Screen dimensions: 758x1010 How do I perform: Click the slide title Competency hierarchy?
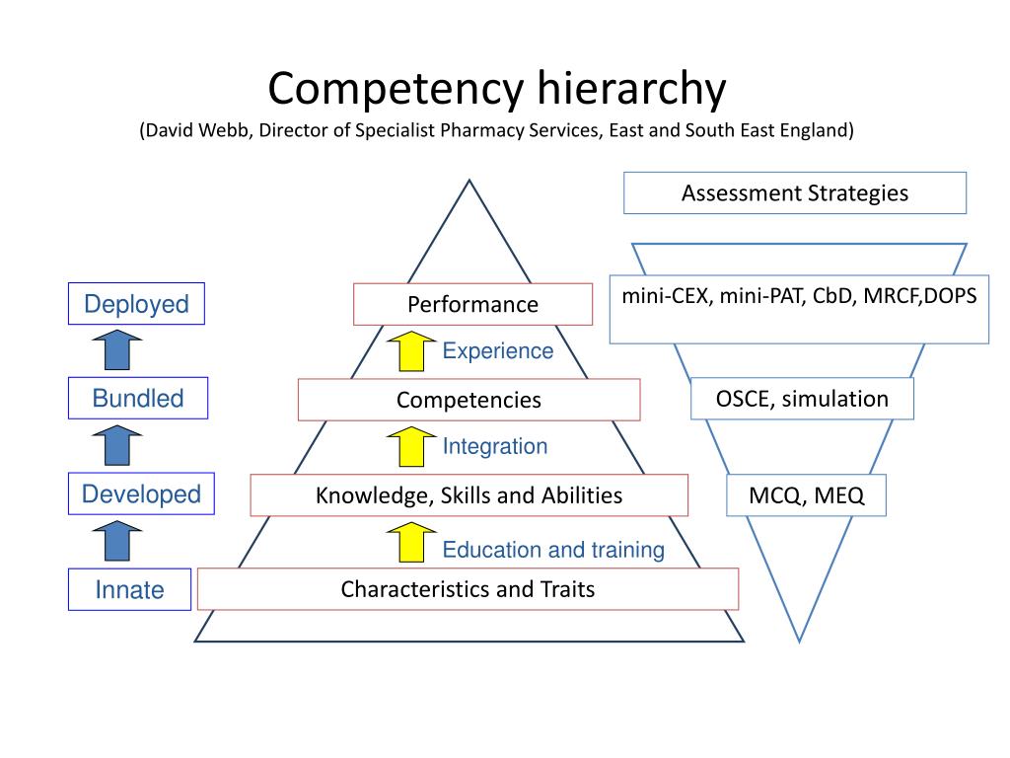[x=497, y=89]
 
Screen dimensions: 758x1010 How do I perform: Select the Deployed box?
[x=136, y=304]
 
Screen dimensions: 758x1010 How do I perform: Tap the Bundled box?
[x=138, y=399]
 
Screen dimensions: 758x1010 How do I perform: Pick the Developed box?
[x=141, y=494]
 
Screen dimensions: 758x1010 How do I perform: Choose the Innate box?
[x=129, y=590]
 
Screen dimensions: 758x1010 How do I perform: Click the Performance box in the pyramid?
[x=473, y=304]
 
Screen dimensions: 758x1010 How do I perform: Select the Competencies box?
[x=469, y=400]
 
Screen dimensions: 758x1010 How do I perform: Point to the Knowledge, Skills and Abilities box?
[x=469, y=495]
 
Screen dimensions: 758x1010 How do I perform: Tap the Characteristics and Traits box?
[x=468, y=590]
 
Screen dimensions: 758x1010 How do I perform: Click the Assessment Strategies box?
[x=795, y=193]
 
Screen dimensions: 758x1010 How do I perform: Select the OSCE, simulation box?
[x=802, y=399]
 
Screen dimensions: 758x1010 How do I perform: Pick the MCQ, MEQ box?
[x=806, y=495]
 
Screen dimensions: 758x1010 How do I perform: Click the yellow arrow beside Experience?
[x=411, y=351]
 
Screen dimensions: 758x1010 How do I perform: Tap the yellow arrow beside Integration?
[x=411, y=446]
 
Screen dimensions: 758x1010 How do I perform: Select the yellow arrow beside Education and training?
[x=411, y=543]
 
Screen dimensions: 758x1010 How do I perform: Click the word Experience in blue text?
[x=498, y=351]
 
